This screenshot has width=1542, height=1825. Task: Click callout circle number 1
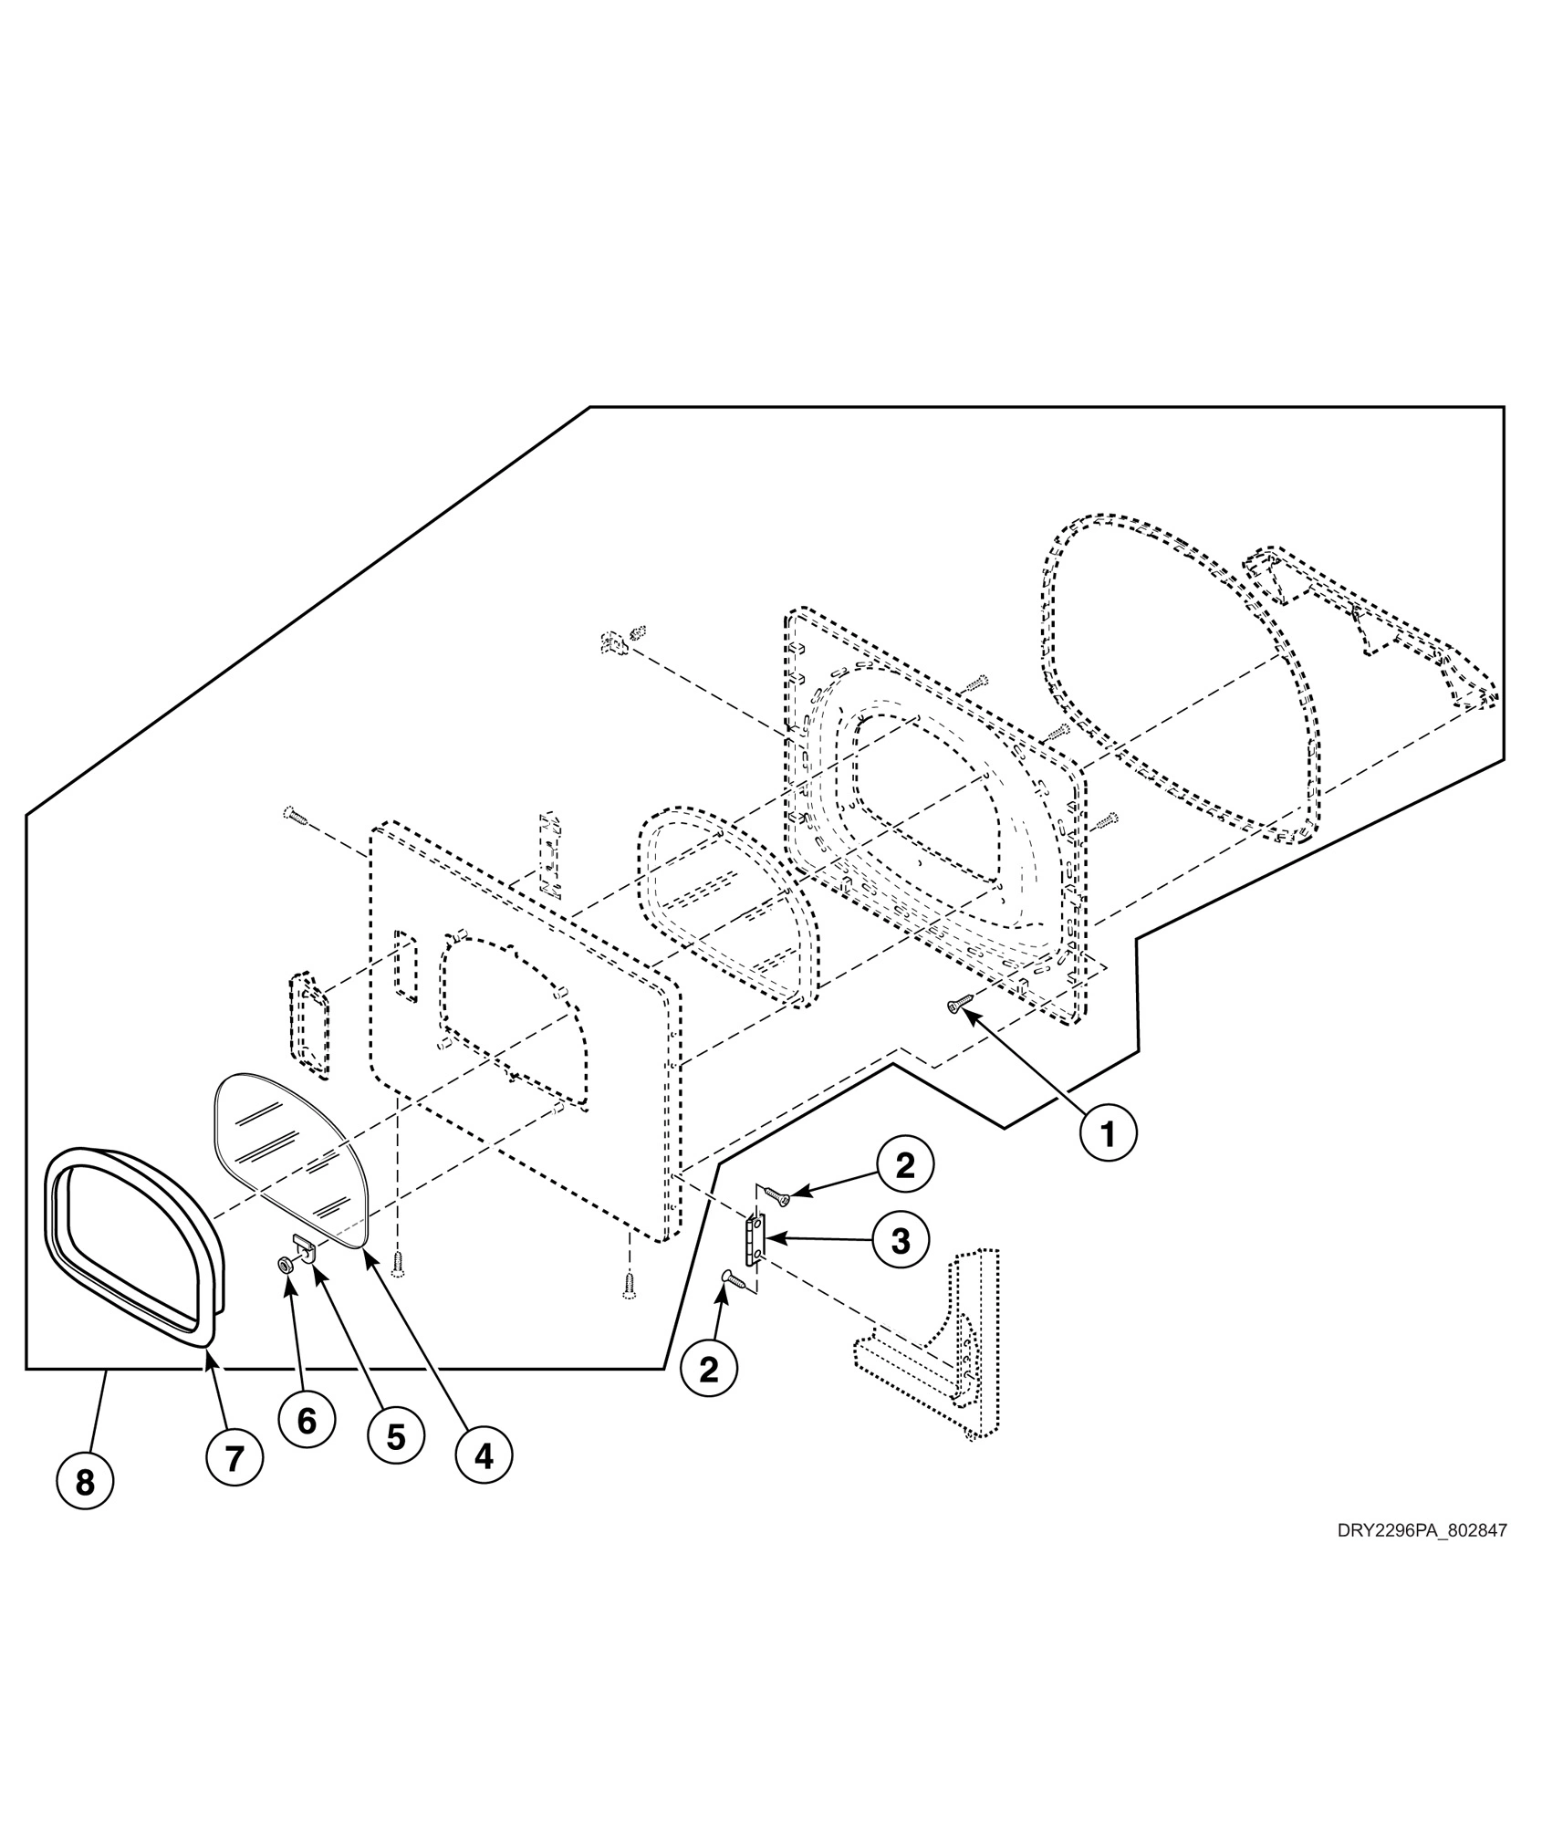point(1108,1134)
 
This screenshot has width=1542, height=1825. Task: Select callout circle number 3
point(900,1240)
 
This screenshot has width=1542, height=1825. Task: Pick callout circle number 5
point(395,1436)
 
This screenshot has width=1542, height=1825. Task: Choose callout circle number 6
point(307,1420)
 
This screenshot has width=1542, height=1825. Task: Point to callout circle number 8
point(85,1508)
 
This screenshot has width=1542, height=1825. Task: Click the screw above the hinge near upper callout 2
point(776,1194)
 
